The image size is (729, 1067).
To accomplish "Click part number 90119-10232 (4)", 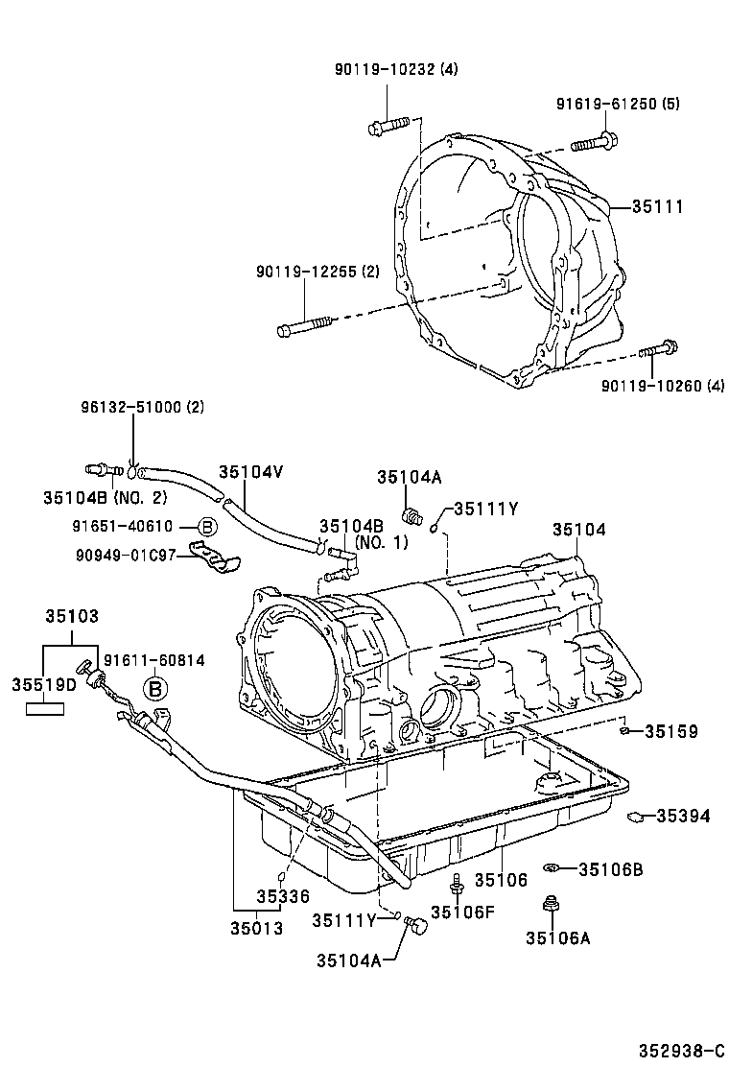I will coord(396,69).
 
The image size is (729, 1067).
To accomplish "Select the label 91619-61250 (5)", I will coord(618,104).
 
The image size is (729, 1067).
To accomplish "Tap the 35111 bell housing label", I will coord(657,206).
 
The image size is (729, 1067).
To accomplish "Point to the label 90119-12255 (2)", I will coord(317,272).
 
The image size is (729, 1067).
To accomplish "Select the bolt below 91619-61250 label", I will coord(594,144).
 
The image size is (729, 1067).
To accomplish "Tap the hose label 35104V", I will coord(251,471).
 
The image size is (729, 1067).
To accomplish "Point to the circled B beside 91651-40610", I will coord(207,526).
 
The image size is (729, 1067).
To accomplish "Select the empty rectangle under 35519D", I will coord(44,709).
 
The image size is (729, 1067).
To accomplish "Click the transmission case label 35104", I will coord(578,529).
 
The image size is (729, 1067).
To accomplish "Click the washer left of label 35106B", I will coord(551,868).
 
